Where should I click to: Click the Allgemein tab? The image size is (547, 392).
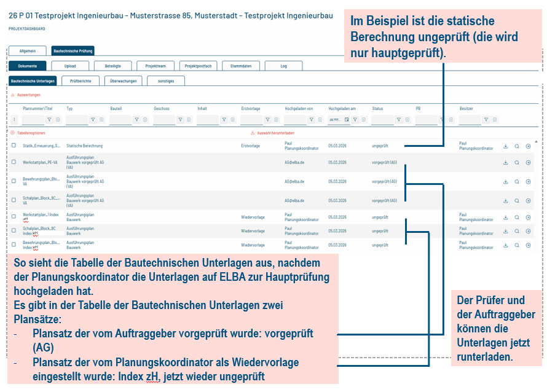click(28, 52)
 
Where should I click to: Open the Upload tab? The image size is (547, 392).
click(70, 66)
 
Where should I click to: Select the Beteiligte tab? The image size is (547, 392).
click(112, 66)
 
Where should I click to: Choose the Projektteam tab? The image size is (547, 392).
click(155, 66)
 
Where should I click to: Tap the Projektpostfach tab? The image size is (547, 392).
click(198, 66)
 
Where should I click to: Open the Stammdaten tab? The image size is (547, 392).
click(240, 66)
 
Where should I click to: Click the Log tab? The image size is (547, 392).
click(283, 66)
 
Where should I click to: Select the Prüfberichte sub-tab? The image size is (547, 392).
click(81, 80)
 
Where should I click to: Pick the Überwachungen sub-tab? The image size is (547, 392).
click(123, 80)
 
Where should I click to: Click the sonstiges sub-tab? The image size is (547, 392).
click(165, 80)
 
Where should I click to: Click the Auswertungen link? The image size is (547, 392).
click(28, 95)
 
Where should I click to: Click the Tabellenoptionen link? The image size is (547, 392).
click(30, 133)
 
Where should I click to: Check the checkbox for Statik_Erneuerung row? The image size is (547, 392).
click(14, 146)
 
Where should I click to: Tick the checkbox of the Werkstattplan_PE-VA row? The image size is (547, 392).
click(14, 163)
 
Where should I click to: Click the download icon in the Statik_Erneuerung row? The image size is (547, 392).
click(505, 146)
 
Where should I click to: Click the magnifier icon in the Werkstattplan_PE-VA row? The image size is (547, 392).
click(517, 163)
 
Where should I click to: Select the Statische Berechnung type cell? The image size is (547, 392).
click(84, 146)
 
